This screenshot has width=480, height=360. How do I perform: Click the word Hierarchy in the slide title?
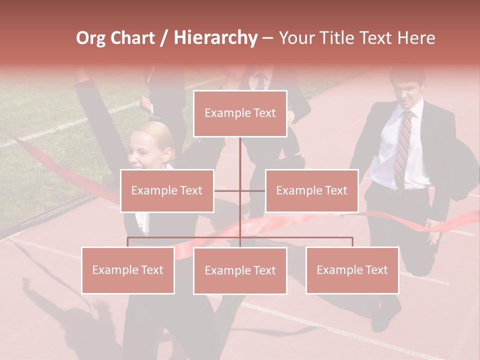point(215,38)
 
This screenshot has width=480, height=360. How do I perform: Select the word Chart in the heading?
point(131,38)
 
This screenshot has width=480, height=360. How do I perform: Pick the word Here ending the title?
point(416,38)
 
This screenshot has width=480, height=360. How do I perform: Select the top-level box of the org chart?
point(240,113)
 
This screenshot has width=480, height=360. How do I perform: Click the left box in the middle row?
point(167,190)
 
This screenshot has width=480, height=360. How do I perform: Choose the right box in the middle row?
point(311,190)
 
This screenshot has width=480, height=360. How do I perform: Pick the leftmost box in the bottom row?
point(128,270)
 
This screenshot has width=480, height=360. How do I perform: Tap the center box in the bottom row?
point(240,271)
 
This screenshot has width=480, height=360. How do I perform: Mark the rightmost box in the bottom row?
point(352,270)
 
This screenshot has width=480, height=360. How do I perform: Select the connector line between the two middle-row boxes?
point(240,190)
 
